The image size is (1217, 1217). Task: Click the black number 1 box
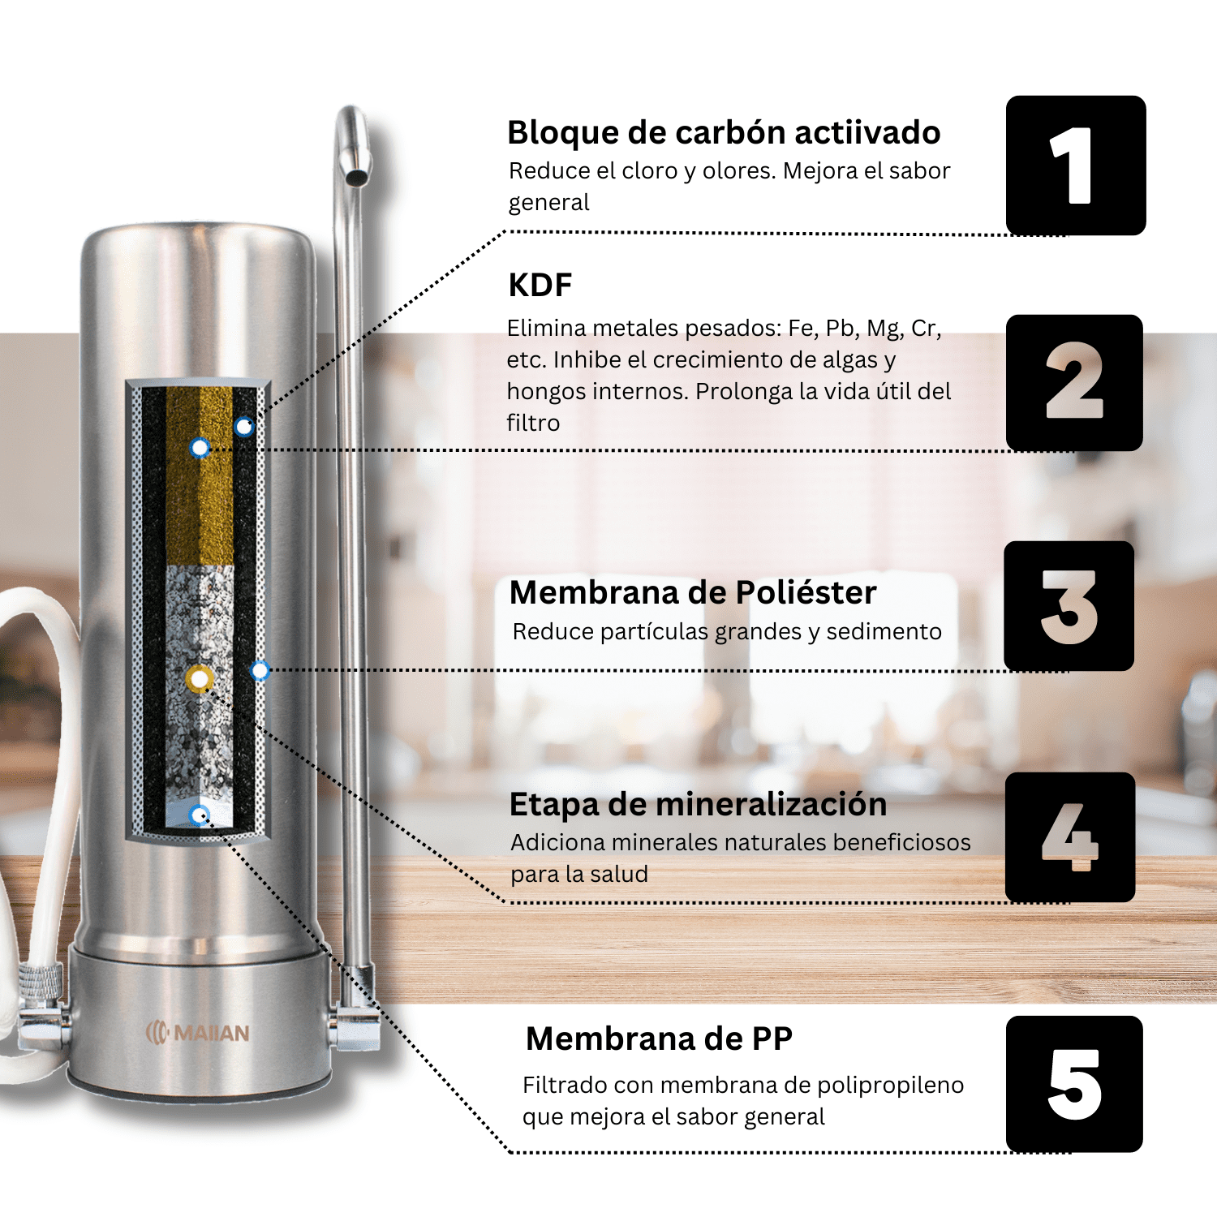click(x=1076, y=166)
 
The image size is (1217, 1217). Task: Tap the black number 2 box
click(x=1074, y=382)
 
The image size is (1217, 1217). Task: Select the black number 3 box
click(x=1069, y=606)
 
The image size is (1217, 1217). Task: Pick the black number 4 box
click(x=1070, y=836)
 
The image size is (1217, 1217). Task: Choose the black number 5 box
click(x=1074, y=1084)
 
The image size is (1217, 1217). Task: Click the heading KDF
click(x=540, y=286)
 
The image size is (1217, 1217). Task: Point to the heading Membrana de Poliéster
click(x=693, y=593)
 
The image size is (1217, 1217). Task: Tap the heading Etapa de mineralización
click(x=698, y=805)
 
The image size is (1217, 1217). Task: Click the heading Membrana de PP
click(x=659, y=1039)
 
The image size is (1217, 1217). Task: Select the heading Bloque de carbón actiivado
click(x=724, y=133)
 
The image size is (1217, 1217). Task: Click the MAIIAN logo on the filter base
click(x=197, y=1033)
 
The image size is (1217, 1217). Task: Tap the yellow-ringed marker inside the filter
click(x=199, y=678)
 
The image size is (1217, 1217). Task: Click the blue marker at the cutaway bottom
click(x=199, y=815)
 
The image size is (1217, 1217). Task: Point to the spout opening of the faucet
click(x=355, y=177)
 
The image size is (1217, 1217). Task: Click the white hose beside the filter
click(x=41, y=771)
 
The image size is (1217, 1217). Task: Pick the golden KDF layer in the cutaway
click(x=200, y=475)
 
